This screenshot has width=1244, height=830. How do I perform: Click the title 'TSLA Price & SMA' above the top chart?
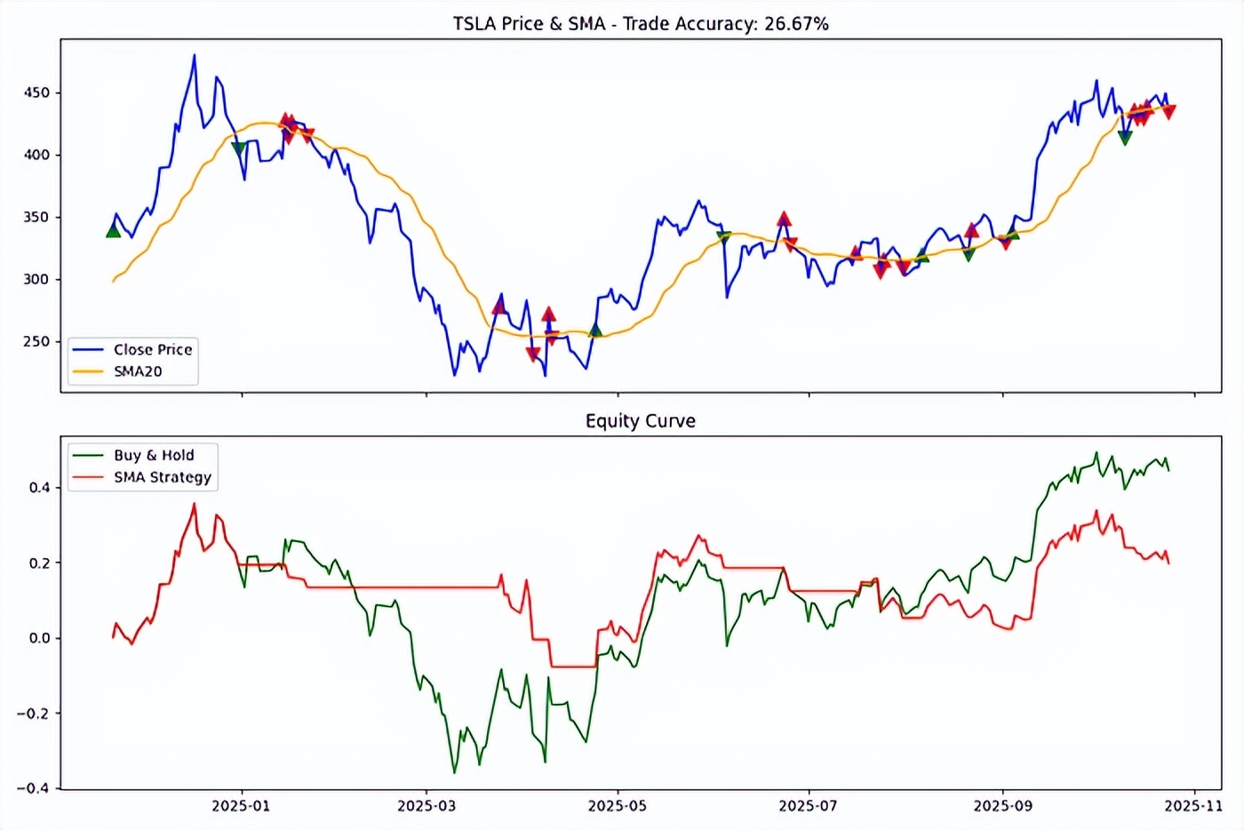[529, 24]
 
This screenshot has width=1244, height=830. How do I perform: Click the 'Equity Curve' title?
[640, 421]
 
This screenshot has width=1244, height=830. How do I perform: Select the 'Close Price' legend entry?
[152, 349]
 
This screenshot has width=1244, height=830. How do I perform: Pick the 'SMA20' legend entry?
[138, 371]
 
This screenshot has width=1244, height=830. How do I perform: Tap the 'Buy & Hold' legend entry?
[153, 455]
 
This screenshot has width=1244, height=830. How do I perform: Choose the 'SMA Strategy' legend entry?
[162, 477]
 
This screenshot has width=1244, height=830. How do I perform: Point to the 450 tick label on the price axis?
[36, 92]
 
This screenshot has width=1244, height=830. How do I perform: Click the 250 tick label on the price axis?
[36, 341]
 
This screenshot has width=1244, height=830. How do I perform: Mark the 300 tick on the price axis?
[36, 279]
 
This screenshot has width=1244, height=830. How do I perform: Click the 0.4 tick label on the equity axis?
[40, 487]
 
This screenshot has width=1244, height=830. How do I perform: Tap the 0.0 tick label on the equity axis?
[40, 638]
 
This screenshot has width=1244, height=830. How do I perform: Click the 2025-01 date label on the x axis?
[241, 806]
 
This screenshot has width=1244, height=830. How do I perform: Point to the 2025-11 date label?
[1194, 806]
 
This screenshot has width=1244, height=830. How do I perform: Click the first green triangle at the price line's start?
[113, 231]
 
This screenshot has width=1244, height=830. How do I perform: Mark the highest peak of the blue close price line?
[195, 55]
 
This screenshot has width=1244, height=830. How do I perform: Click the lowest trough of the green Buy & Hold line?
[454, 772]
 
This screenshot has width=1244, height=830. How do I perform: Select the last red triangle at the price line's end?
[1169, 112]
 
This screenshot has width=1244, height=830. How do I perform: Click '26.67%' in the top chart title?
[796, 24]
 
